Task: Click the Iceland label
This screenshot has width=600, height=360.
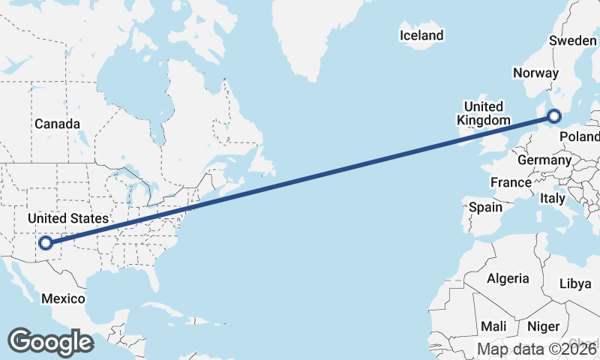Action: click(421, 35)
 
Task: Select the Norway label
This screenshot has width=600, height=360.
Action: click(535, 73)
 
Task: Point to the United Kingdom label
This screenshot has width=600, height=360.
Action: click(484, 113)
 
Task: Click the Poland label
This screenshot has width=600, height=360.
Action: click(580, 137)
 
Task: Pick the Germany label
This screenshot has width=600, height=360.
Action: click(544, 160)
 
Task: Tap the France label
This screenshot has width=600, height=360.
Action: click(511, 182)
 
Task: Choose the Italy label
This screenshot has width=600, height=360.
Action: click(552, 199)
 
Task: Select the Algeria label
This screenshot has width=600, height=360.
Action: click(508, 278)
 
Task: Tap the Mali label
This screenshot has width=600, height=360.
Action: click(493, 326)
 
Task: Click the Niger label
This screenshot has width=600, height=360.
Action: click(544, 326)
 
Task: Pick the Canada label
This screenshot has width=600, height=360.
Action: click(57, 123)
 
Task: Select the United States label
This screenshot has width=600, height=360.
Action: click(67, 218)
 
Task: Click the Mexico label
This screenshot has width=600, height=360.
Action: click(63, 298)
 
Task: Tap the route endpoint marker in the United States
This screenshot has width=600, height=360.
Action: click(46, 242)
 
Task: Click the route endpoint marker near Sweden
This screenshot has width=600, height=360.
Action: click(554, 115)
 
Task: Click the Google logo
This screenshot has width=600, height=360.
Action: click(50, 341)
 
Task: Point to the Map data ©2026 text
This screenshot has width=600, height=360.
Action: click(537, 349)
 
